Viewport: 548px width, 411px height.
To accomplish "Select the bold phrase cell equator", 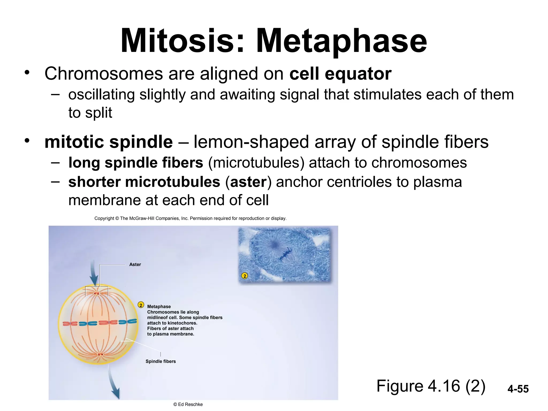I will coord(340,74).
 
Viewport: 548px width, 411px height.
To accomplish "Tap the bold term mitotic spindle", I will coord(109,142).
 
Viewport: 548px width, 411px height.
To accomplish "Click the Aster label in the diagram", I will coord(135,264).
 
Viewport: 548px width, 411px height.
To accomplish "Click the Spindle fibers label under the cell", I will coord(161,361).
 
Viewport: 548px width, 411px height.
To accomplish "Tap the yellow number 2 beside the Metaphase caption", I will coord(141,305).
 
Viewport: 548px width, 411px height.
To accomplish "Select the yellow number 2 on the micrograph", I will coord(244,276).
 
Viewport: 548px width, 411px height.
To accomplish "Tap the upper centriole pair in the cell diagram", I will coord(97,294).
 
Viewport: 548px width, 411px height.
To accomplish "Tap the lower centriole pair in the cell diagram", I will coord(100,354).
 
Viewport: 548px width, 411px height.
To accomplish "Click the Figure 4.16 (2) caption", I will coord(431,386).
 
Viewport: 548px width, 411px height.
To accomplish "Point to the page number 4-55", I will coord(518,389).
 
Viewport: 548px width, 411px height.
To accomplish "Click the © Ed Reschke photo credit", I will coord(188,404).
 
